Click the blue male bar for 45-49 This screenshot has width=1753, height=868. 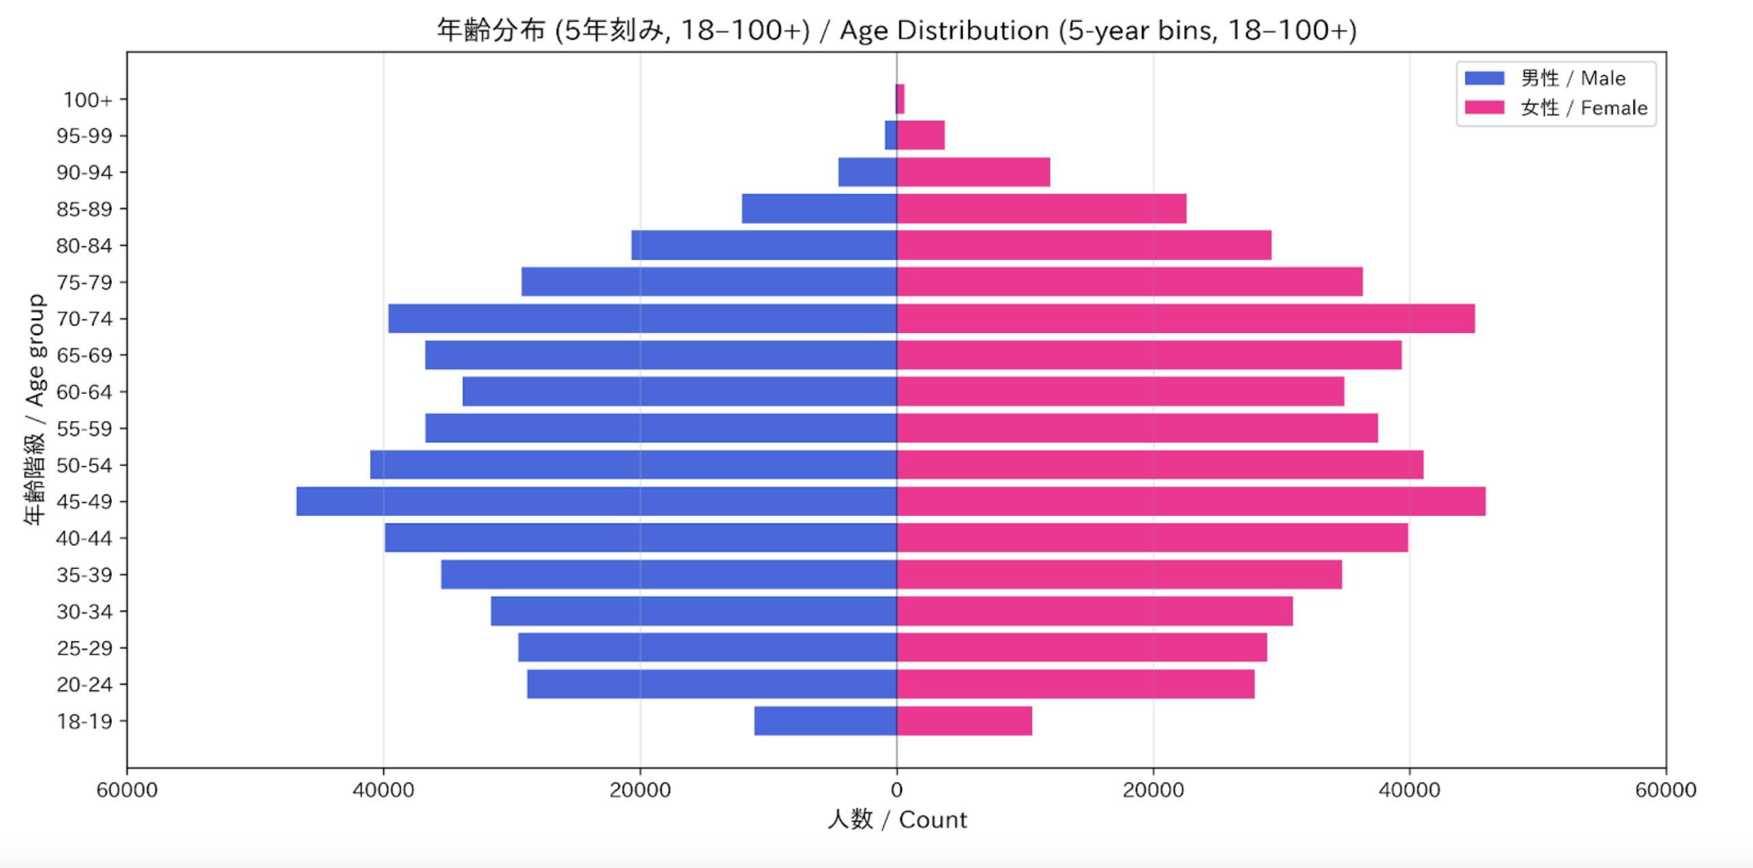(597, 502)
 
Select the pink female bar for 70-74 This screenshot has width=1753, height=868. (1185, 319)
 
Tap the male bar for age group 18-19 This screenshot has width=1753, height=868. (825, 721)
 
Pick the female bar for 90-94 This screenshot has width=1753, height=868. (973, 172)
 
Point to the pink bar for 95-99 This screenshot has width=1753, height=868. (921, 135)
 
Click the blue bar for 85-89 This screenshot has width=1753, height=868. (819, 208)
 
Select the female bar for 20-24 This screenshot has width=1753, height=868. (1076, 684)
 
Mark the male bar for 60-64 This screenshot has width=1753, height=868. (679, 392)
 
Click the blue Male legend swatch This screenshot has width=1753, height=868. (1484, 78)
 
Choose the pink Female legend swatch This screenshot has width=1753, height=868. (1484, 108)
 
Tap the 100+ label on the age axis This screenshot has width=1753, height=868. (87, 100)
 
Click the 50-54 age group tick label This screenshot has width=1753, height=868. (84, 465)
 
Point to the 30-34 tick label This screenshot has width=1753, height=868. (84, 611)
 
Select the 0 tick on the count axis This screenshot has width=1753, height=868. (896, 790)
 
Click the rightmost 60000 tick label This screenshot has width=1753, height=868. (1666, 790)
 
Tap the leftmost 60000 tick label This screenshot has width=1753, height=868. (127, 790)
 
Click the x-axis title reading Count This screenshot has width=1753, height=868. (932, 820)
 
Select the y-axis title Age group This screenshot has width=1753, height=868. (35, 349)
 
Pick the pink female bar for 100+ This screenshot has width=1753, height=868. (901, 99)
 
